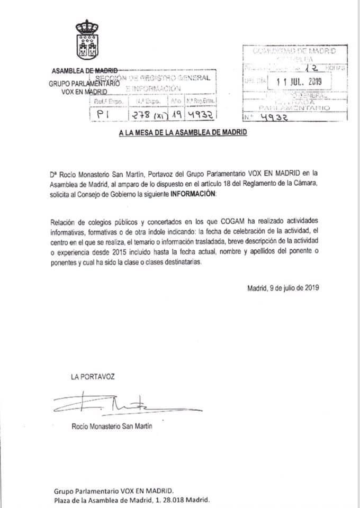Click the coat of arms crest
pyautogui.click(x=87, y=40)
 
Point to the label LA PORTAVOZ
pyautogui.click(x=92, y=377)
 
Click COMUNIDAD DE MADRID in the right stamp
pyautogui.click(x=294, y=52)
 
